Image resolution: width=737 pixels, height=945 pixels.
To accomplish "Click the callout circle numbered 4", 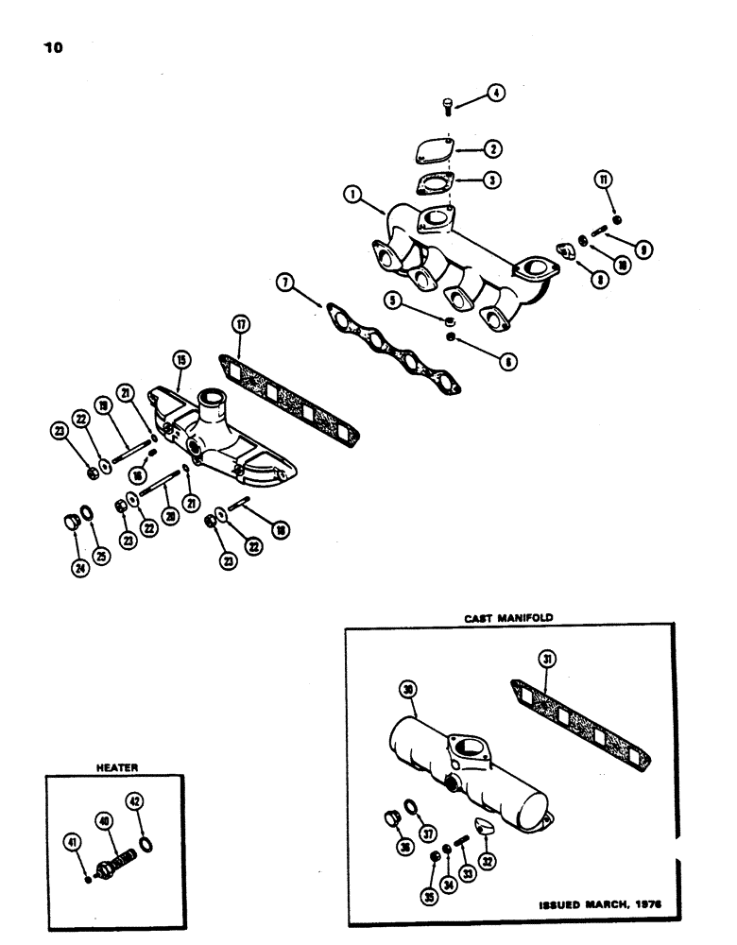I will (495, 93).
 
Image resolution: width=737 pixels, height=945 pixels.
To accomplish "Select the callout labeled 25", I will (100, 555).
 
